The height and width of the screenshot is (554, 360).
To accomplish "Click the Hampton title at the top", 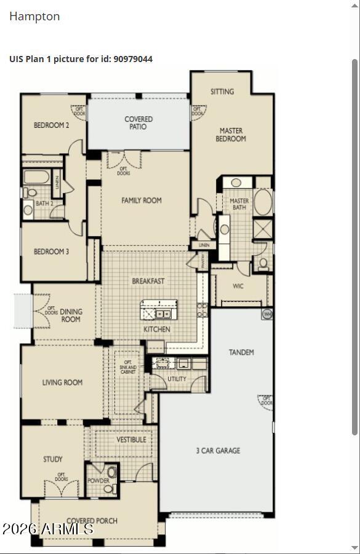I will pos(34,17).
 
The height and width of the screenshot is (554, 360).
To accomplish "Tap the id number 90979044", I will pos(133,59).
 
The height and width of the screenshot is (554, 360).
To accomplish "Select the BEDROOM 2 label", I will pos(51,125).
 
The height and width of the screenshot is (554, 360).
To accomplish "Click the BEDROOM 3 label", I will pos(51,251).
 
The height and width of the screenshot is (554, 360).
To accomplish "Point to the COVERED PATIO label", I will pos(138,123).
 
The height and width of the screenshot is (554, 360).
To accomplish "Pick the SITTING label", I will pos(222,92).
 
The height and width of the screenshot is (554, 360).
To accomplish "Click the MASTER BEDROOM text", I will pos(231,135).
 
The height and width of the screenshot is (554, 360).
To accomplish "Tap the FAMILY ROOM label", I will pos(142,200).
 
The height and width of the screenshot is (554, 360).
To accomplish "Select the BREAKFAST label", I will pos(148,281).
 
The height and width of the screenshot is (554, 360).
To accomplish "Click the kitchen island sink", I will pos(163,314).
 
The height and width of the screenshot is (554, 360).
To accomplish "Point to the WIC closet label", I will pos(238,286).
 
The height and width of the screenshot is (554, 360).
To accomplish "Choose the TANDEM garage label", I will pos(241,352).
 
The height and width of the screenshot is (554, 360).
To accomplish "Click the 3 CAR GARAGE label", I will pos(218,451).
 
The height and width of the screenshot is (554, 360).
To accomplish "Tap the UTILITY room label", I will pos(177,379).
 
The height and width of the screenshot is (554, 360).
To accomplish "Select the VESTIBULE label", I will pos(132,440).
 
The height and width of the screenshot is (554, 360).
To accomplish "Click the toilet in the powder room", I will pos(110,489).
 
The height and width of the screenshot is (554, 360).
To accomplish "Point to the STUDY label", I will pos(53,459).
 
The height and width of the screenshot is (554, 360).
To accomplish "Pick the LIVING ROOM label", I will pos(62,382).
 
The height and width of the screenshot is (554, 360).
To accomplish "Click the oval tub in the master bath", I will pos(263,202).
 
